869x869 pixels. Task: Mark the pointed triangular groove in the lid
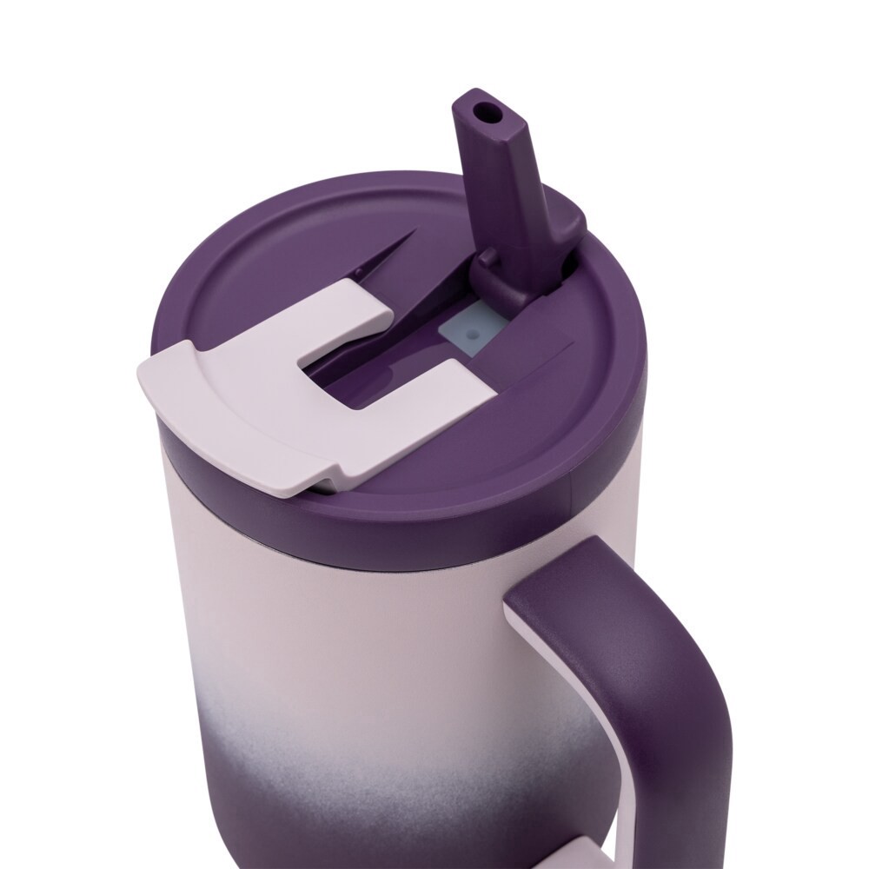382,252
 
